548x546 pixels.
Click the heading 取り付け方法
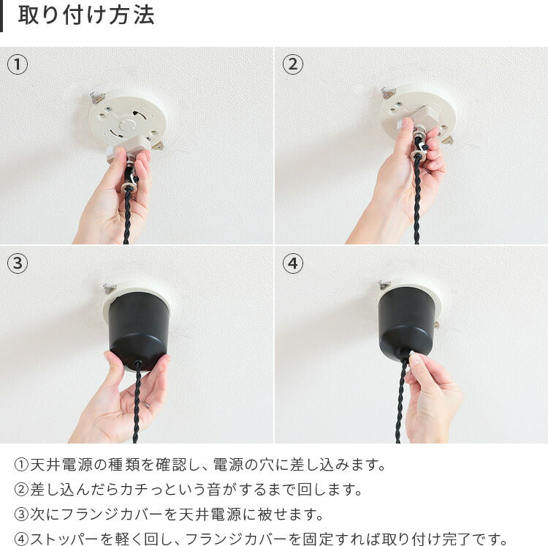coord(86,15)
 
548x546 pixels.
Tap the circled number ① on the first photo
coord(18,64)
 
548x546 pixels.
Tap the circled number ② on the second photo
coord(293,64)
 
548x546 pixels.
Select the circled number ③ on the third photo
coord(18,263)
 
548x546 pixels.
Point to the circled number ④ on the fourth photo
coord(293,263)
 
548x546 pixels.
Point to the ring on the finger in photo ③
coord(147,405)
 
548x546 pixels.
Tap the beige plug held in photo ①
coord(129,148)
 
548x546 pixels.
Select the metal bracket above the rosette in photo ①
coord(97,97)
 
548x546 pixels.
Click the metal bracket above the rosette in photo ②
coord(388,93)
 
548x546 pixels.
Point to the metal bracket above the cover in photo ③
coord(110,288)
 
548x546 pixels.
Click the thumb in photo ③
coord(113,367)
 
